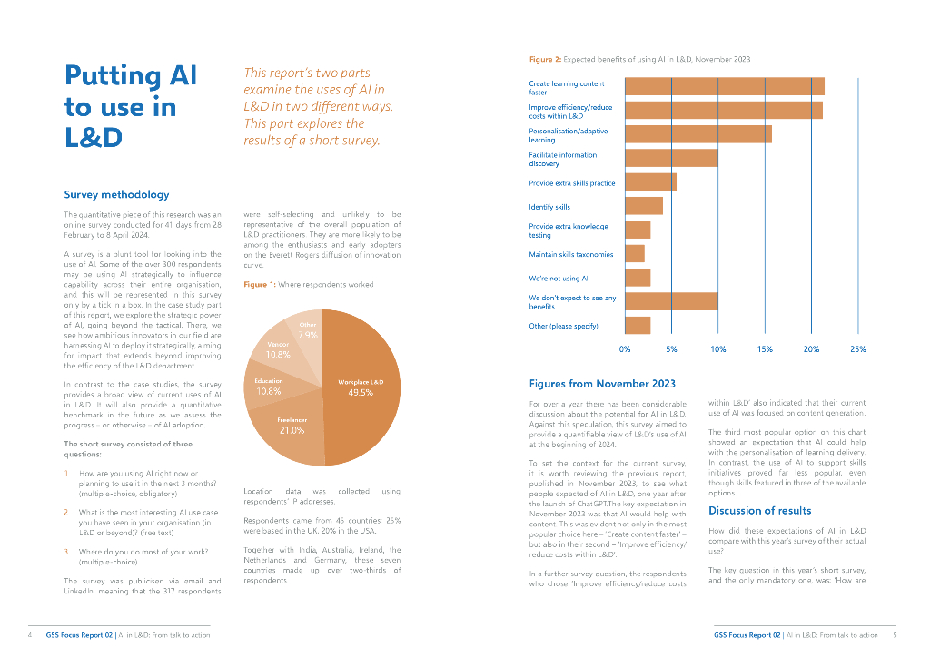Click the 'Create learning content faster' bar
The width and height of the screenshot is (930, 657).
(725, 86)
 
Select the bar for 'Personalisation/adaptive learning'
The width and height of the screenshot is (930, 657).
(698, 134)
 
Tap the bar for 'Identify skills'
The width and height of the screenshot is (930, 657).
(644, 206)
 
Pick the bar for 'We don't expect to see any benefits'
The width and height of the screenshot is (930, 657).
(671, 301)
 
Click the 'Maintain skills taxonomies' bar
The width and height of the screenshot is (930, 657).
(635, 254)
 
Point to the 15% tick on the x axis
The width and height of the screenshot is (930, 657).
(764, 348)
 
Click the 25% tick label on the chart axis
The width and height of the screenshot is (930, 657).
(857, 348)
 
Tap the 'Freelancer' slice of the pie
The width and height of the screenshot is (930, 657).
(292, 426)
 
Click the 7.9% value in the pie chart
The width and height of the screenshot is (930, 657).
(308, 336)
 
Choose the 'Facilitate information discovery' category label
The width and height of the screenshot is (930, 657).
(562, 159)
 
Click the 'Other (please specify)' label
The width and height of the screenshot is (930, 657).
(563, 326)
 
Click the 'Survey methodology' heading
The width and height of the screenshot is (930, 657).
(116, 194)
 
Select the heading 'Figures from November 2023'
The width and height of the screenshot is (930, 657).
(602, 384)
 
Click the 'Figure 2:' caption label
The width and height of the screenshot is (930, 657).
(545, 59)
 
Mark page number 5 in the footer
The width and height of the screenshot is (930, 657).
(895, 635)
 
